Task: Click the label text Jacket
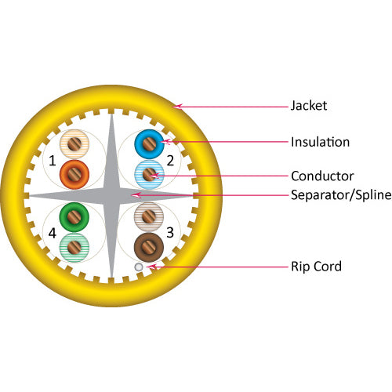[x=308, y=105]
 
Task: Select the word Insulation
[x=320, y=142]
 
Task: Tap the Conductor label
[x=322, y=176]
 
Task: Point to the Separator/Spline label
[x=339, y=194]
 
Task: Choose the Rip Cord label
[x=316, y=267]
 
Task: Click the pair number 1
[x=52, y=162]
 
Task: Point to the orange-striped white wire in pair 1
[x=74, y=143]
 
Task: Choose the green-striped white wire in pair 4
[x=74, y=246]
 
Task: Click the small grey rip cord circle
[x=139, y=267]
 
